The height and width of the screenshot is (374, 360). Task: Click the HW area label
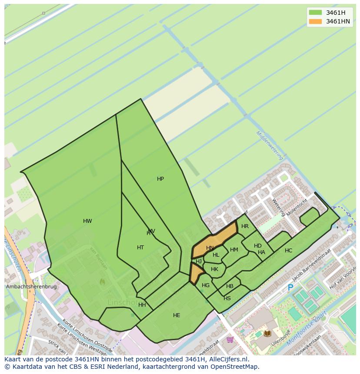coord(87,221)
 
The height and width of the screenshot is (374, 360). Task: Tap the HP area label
coord(160,179)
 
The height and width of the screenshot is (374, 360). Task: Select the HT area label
coord(140,248)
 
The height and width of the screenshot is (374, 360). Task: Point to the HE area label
coord(177,315)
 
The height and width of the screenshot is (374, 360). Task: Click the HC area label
coord(288,251)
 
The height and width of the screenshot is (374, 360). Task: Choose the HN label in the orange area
coord(210,248)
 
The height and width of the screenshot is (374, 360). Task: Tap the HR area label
coord(245,226)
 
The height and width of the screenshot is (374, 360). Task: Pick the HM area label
coord(234,250)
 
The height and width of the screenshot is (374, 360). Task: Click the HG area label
coord(206,285)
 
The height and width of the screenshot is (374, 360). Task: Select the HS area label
coord(227,298)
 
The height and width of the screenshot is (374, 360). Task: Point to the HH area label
coord(142,305)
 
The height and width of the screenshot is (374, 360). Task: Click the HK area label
coord(214,269)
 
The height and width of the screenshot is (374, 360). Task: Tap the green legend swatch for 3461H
coord(315,13)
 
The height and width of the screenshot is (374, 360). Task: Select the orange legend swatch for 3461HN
coord(315,21)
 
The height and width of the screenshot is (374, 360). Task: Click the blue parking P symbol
coord(290,288)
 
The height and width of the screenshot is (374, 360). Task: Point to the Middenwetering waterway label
coord(270,145)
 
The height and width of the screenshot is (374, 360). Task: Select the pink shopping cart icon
coord(230,339)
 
